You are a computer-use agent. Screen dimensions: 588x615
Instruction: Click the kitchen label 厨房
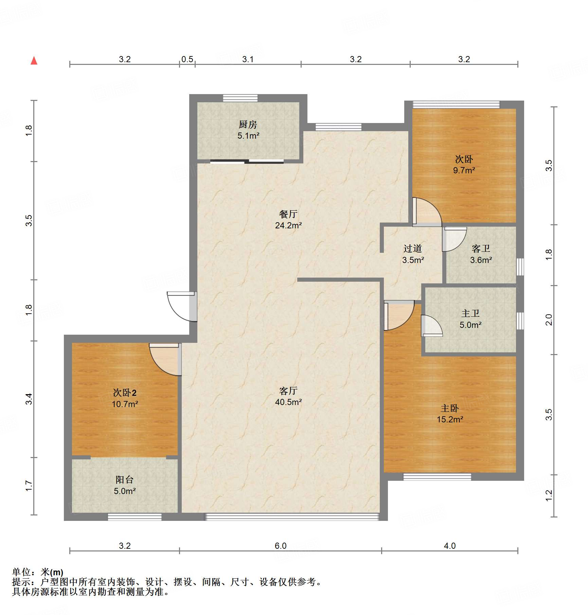point(248,125)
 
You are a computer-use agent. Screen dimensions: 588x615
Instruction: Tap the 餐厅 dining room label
point(288,214)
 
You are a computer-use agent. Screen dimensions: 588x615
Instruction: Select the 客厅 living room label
point(288,391)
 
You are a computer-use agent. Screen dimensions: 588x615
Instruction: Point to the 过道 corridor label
point(413,249)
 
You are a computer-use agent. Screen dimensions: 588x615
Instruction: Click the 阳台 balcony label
point(125,480)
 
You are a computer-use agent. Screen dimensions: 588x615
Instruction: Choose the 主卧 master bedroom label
point(450,408)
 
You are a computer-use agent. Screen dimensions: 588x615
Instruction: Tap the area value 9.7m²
point(464,170)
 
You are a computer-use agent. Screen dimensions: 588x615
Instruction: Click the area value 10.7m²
point(125,404)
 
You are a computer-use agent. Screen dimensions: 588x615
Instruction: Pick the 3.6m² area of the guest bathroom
point(481,260)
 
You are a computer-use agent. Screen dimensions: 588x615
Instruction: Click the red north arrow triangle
point(34,61)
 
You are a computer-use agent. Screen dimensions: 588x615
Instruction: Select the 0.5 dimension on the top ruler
point(187,59)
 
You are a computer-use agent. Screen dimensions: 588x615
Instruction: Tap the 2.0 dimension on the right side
point(549,320)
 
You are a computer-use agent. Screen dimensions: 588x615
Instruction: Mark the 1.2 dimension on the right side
point(549,495)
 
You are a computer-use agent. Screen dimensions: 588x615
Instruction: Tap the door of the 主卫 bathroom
point(432,326)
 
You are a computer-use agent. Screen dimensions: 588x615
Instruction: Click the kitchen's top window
point(240,98)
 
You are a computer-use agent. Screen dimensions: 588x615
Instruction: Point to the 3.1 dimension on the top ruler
point(248,59)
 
